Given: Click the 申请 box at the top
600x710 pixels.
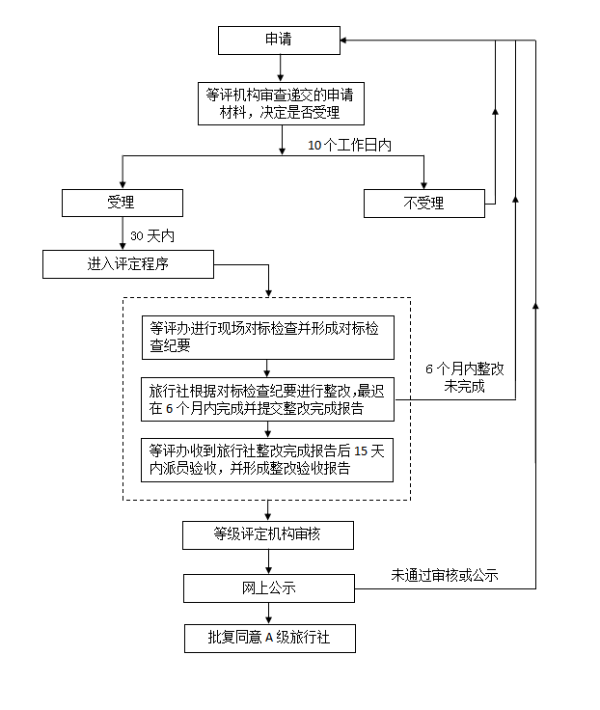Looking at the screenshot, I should [279, 41].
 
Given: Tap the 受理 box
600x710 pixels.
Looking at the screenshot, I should [122, 203].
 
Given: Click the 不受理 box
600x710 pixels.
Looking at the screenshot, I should [423, 203].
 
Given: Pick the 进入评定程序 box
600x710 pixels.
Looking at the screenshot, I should [128, 263].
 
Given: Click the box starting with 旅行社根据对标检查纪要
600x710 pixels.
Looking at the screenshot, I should [267, 400].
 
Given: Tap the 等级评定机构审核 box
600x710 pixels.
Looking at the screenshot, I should [268, 534].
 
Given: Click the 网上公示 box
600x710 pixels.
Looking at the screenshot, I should [268, 587].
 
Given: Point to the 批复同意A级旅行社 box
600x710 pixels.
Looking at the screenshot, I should [268, 639].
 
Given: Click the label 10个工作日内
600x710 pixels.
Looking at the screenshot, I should [349, 145].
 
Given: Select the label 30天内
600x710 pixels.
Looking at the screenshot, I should [151, 235].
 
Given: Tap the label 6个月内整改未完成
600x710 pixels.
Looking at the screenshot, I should [465, 377].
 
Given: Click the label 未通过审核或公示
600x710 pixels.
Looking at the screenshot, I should [444, 575].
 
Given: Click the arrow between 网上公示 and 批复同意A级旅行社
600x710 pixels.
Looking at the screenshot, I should [268, 614].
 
